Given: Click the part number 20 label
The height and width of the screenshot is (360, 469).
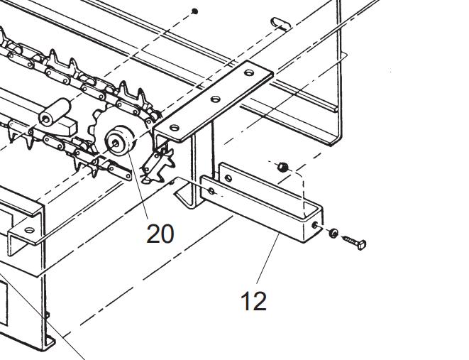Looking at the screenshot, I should click(x=160, y=233).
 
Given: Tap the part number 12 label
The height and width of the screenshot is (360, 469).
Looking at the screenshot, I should click(x=253, y=301).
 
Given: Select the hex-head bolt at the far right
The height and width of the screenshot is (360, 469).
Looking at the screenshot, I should click(x=355, y=242).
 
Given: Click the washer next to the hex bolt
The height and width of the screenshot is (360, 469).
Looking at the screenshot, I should click(x=333, y=232).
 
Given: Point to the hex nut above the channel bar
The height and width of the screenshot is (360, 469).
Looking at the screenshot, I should click(x=282, y=167).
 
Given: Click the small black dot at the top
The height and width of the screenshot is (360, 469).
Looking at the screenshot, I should click(x=196, y=11).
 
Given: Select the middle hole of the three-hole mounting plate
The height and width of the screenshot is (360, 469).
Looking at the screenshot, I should click(x=216, y=99).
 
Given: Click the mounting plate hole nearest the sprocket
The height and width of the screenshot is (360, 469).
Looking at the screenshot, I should click(x=175, y=128).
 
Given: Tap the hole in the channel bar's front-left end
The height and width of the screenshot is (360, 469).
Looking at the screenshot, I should click(x=211, y=190).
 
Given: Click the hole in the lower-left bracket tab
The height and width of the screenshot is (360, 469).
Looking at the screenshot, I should click(x=28, y=230).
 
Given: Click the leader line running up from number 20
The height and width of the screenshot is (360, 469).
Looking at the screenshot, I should click(x=136, y=185).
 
